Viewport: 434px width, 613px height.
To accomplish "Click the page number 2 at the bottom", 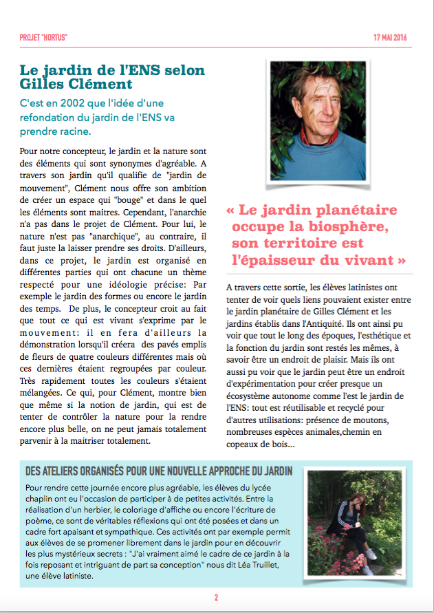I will click(217, 597).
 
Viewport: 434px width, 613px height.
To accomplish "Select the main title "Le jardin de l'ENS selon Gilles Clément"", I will click(112, 78).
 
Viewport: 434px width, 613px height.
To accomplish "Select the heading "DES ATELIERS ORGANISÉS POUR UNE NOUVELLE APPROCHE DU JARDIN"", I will click(158, 471).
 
